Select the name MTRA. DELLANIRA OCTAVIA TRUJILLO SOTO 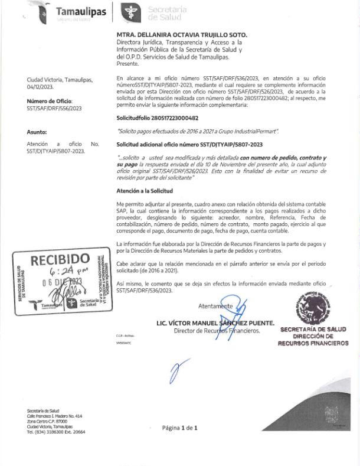182,36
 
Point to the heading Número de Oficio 49,102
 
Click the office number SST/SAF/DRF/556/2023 54,109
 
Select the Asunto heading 37,132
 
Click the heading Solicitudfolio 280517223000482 157,118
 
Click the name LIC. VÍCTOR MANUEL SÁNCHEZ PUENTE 215,323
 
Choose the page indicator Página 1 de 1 179,427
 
